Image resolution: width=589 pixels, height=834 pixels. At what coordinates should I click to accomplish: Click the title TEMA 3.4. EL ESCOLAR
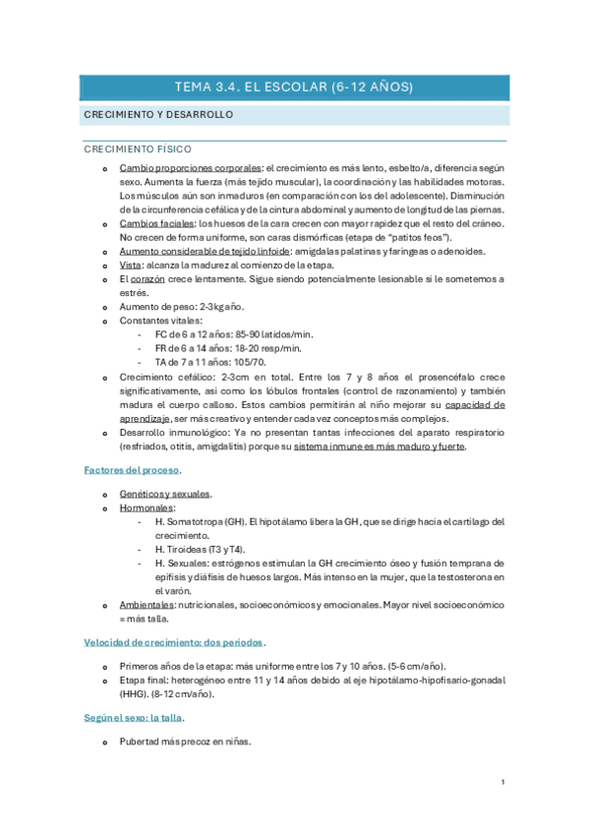click(x=294, y=88)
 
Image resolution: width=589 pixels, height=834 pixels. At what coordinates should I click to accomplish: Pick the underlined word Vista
click(x=130, y=266)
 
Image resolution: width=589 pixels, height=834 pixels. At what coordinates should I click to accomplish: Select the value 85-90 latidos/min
click(x=277, y=334)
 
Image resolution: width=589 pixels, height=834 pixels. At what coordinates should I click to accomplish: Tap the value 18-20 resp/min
click(x=267, y=348)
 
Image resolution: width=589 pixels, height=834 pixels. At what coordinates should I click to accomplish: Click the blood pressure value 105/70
click(x=246, y=362)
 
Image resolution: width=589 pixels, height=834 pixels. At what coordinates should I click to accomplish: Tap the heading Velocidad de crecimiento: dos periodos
click(x=173, y=641)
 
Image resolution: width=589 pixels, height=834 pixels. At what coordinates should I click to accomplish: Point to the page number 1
click(x=502, y=782)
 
